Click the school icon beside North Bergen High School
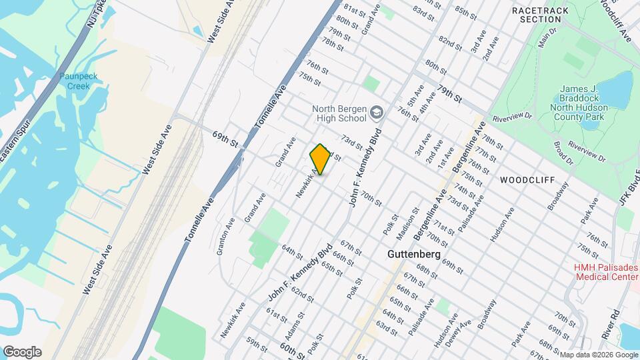(377, 113)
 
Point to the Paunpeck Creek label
(78, 81)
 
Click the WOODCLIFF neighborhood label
(523, 180)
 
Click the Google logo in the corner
(22, 351)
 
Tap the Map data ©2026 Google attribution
(598, 355)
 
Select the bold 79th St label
(450, 94)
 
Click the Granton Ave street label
(225, 239)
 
